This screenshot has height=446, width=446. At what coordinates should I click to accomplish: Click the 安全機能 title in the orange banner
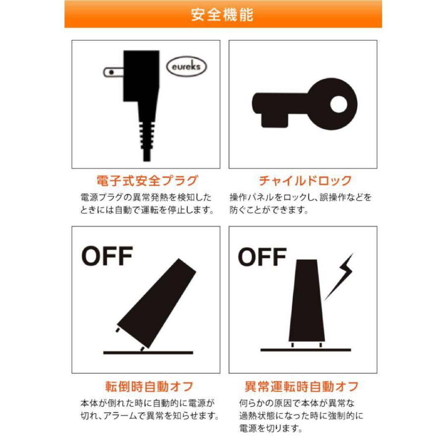[222, 14]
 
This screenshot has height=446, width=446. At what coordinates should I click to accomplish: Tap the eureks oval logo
[187, 66]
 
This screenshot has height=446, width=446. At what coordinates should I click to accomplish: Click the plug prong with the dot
[113, 72]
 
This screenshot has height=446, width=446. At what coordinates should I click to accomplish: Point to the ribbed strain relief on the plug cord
[147, 136]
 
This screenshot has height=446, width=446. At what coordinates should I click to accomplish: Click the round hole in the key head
[339, 104]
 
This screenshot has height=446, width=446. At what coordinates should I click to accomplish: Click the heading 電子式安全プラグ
[147, 181]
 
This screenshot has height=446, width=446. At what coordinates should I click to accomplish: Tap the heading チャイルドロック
[305, 181]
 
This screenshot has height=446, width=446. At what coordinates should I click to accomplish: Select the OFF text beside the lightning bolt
[262, 257]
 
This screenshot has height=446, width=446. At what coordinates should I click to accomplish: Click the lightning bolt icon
[339, 276]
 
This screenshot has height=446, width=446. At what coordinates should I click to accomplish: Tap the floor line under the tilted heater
[148, 353]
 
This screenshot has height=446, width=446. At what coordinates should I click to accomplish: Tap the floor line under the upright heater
[306, 350]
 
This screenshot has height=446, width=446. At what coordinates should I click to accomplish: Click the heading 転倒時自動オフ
[149, 387]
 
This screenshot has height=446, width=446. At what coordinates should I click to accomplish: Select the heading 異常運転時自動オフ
[301, 387]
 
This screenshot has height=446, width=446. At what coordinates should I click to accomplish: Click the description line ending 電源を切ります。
[271, 428]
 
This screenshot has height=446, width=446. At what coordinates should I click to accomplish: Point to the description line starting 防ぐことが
[269, 210]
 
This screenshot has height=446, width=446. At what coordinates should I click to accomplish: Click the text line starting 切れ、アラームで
[150, 416]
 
